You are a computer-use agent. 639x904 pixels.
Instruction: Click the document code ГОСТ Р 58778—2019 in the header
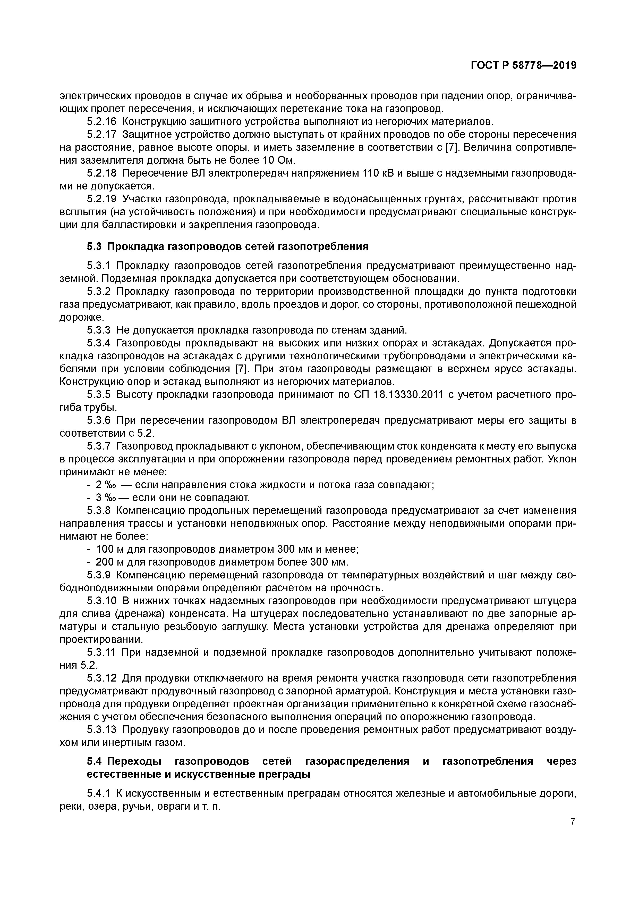click(x=523, y=66)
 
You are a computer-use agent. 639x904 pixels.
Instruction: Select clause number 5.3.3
click(x=98, y=329)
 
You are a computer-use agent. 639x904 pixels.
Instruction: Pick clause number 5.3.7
click(x=98, y=446)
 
